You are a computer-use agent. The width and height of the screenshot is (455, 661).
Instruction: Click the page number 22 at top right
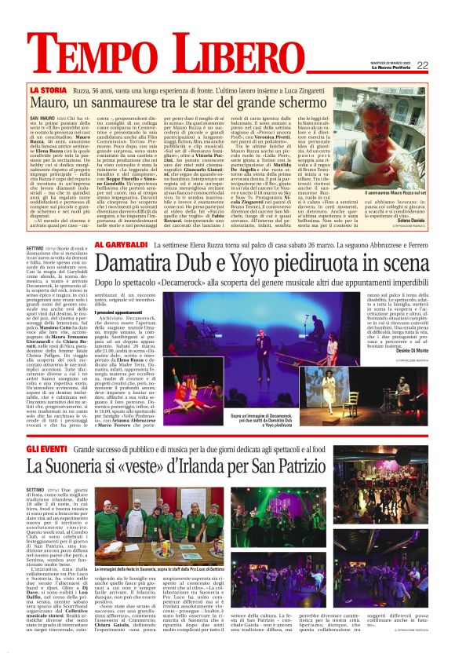pyautogui.click(x=423, y=65)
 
